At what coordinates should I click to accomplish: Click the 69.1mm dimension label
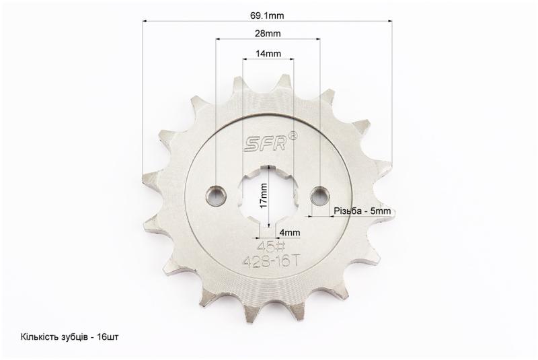(x=267, y=15)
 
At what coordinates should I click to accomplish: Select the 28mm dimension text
(x=268, y=33)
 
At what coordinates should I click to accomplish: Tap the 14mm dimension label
(x=268, y=54)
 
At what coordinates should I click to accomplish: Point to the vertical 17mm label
(x=264, y=196)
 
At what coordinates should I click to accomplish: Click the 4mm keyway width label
(x=290, y=233)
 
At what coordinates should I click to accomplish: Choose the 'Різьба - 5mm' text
(x=362, y=211)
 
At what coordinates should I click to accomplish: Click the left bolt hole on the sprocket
(x=216, y=196)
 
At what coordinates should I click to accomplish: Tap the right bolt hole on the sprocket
(x=320, y=196)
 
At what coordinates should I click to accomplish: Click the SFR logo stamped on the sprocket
(x=265, y=145)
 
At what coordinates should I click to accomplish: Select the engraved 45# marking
(x=271, y=246)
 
